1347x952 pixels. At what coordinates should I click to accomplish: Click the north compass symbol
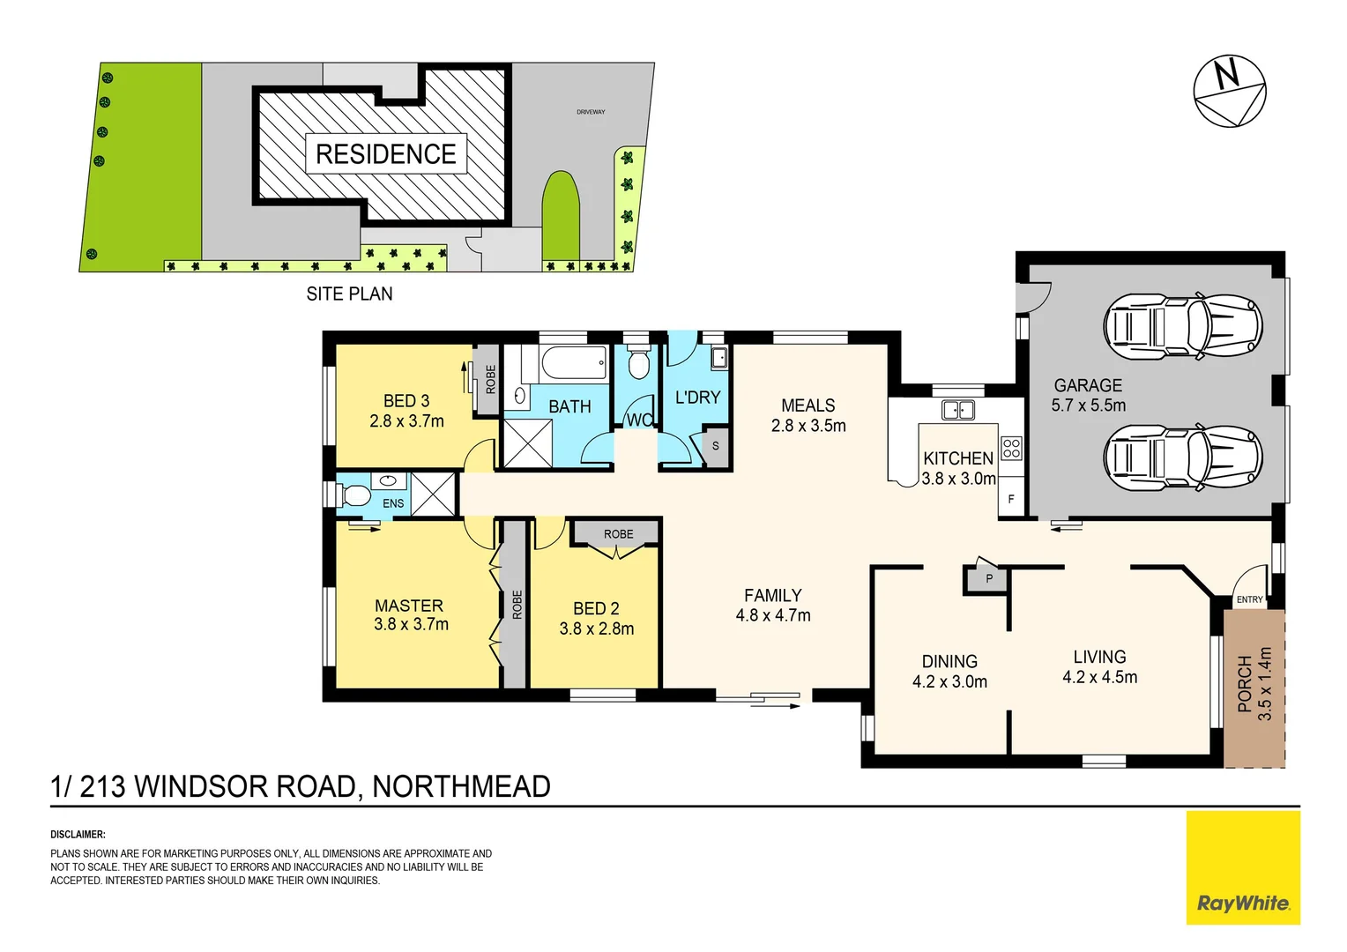(1230, 91)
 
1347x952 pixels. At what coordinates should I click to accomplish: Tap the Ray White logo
(1243, 903)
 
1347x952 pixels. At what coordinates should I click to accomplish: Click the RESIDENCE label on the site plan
(385, 154)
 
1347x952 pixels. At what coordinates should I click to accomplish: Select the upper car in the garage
(1182, 326)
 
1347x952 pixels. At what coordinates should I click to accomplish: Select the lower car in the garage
(1182, 457)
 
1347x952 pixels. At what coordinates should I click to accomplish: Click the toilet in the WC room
(637, 362)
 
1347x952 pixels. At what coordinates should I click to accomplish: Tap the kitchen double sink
(958, 410)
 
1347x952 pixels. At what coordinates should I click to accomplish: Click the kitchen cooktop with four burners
(1011, 449)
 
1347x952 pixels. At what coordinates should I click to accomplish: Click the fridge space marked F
(1011, 499)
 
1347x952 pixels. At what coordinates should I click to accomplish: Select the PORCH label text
(1244, 683)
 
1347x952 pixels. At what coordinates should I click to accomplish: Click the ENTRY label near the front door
(1249, 599)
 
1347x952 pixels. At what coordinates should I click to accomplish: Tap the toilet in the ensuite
(353, 494)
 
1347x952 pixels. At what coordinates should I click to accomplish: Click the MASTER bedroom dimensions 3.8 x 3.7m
(411, 625)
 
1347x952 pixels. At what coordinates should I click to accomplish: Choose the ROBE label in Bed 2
(618, 534)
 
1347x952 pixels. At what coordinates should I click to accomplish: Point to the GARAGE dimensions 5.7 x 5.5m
(1088, 405)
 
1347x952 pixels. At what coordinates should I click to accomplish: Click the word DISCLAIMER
(78, 835)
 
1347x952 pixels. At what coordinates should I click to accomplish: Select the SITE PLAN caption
(349, 294)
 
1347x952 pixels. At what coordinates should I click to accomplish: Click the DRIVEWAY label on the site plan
(591, 112)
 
